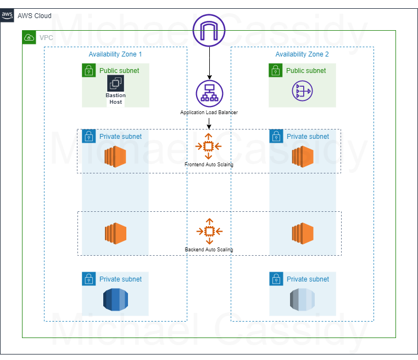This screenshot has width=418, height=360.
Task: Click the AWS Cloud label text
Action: pyautogui.click(x=34, y=15)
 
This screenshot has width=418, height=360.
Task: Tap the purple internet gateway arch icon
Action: pyautogui.click(x=209, y=30)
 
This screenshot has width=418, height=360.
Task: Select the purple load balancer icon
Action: pyautogui.click(x=209, y=93)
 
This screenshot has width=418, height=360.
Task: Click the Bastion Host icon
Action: pyautogui.click(x=115, y=83)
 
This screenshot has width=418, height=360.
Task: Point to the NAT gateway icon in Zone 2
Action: pyautogui.click(x=302, y=91)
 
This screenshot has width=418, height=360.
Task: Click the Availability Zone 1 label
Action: pyautogui.click(x=115, y=54)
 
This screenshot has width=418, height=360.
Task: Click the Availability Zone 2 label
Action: pyautogui.click(x=302, y=54)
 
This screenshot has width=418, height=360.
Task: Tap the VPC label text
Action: pyautogui.click(x=46, y=38)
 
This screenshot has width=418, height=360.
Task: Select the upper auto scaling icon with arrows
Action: pyautogui.click(x=208, y=146)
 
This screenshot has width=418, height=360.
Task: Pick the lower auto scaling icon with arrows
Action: pyautogui.click(x=209, y=231)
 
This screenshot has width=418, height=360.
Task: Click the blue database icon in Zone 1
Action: pyautogui.click(x=115, y=299)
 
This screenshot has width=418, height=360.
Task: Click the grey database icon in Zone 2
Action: pyautogui.click(x=302, y=299)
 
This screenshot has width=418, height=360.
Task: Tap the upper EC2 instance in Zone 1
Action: pyautogui.click(x=116, y=156)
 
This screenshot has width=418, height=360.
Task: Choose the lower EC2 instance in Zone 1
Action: pyautogui.click(x=116, y=233)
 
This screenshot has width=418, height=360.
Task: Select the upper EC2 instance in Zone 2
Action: pyautogui.click(x=303, y=156)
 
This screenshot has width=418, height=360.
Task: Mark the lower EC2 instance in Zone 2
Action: pyautogui.click(x=303, y=233)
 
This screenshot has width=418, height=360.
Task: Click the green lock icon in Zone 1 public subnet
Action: pyautogui.click(x=88, y=70)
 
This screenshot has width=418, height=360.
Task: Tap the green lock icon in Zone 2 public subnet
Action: pyautogui.click(x=275, y=70)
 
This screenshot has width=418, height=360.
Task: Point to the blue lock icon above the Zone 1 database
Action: pyautogui.click(x=88, y=278)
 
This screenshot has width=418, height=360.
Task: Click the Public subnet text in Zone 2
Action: pyautogui.click(x=306, y=71)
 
